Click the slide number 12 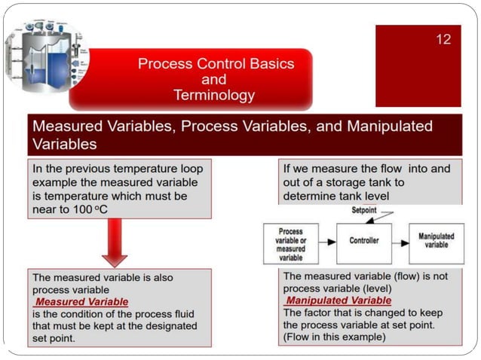pyautogui.click(x=443, y=39)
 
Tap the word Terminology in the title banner pyautogui.click(x=213, y=96)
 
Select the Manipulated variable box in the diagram pyautogui.click(x=437, y=241)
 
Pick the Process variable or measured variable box pyautogui.click(x=290, y=243)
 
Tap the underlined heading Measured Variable pyautogui.click(x=82, y=302)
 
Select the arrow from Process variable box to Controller pyautogui.click(x=329, y=241)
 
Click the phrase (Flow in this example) pyautogui.click(x=334, y=337)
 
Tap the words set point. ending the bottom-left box pyautogui.click(x=59, y=338)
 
